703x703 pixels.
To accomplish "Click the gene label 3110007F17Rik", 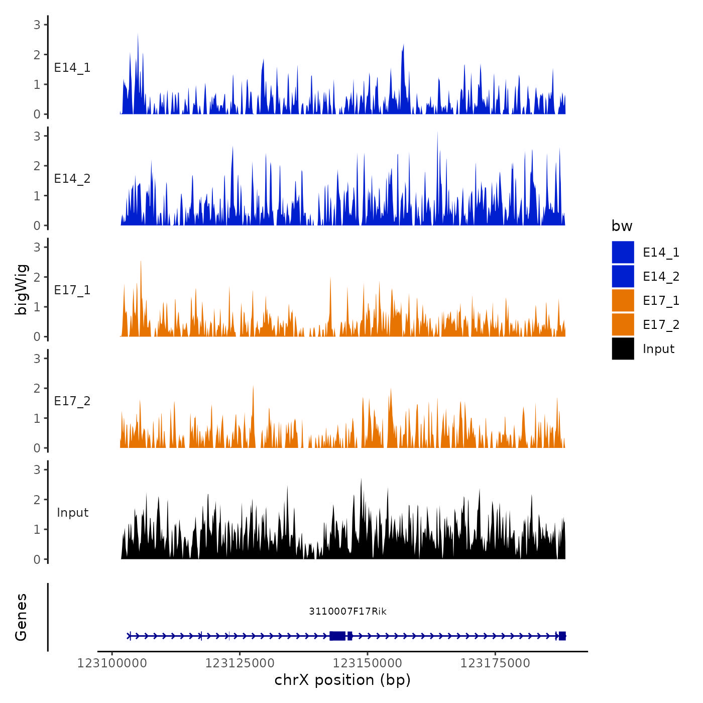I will (347, 611).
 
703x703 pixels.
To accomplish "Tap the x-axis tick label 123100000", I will (112, 663).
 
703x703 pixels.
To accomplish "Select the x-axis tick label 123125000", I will (240, 663).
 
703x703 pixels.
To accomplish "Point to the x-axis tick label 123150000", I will (368, 663).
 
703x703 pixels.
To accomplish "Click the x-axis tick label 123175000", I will (495, 663).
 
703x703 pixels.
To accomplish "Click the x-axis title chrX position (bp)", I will (342, 680).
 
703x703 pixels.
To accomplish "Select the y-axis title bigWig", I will (22, 289).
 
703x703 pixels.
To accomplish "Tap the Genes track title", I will (22, 617).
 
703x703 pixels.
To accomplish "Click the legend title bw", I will (622, 226).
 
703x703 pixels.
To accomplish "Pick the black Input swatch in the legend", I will (623, 349).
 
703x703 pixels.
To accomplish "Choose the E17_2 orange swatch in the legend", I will (623, 325).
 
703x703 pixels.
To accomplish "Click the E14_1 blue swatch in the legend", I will (623, 252).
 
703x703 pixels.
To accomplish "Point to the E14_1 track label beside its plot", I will (72, 68).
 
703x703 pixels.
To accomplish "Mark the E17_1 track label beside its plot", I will (72, 290).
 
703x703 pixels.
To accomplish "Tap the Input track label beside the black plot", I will (72, 513).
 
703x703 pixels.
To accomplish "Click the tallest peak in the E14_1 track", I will (138, 35).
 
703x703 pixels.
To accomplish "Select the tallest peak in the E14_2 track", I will (437, 133).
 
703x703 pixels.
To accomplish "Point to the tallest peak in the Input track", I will (361, 480).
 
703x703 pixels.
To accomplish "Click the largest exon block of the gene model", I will (337, 636).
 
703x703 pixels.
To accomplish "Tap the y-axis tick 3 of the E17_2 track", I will (37, 359).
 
